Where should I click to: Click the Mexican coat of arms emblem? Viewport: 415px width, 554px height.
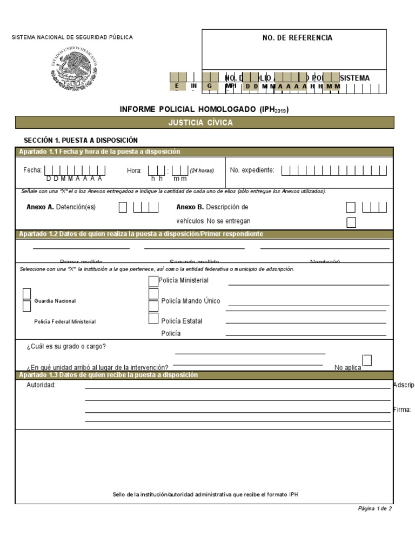(x=73, y=69)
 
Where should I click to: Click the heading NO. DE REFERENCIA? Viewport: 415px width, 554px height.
(x=294, y=38)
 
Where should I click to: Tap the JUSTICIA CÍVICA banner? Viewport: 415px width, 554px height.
(x=204, y=123)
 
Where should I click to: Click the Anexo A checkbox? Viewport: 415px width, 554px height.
(x=123, y=207)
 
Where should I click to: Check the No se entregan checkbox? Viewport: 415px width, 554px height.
(x=351, y=222)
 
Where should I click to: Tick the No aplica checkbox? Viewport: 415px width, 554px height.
(x=367, y=360)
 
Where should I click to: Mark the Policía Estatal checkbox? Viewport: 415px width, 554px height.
(x=153, y=319)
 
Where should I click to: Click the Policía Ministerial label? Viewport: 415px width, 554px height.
(x=183, y=280)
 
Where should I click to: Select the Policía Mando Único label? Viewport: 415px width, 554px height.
(x=191, y=301)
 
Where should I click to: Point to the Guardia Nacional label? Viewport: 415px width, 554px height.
(x=55, y=301)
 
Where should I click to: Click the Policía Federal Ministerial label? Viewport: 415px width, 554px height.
(x=65, y=321)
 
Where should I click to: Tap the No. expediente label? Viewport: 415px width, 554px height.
(x=252, y=170)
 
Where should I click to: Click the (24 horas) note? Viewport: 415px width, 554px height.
(x=202, y=170)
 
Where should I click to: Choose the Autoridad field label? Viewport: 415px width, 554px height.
(x=41, y=385)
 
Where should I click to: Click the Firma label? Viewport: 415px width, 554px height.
(x=402, y=410)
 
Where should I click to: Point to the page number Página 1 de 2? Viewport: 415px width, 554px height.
(x=374, y=509)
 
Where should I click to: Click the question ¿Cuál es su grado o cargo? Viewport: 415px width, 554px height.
(x=66, y=346)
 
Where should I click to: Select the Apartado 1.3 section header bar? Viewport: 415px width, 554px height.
(x=204, y=375)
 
